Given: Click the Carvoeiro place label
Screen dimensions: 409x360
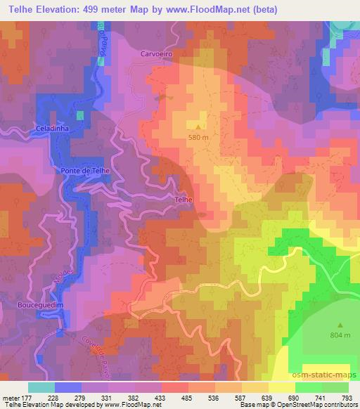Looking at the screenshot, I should [156, 53].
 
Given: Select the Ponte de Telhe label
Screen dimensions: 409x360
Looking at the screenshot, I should [85, 171].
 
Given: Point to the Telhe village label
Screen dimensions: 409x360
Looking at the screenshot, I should [182, 200].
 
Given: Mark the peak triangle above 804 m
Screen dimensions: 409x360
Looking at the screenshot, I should [340, 325].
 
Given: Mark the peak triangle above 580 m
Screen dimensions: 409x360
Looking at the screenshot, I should [199, 127].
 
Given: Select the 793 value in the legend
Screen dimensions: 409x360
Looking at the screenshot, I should [347, 398].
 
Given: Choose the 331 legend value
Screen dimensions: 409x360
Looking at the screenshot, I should [107, 398].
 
